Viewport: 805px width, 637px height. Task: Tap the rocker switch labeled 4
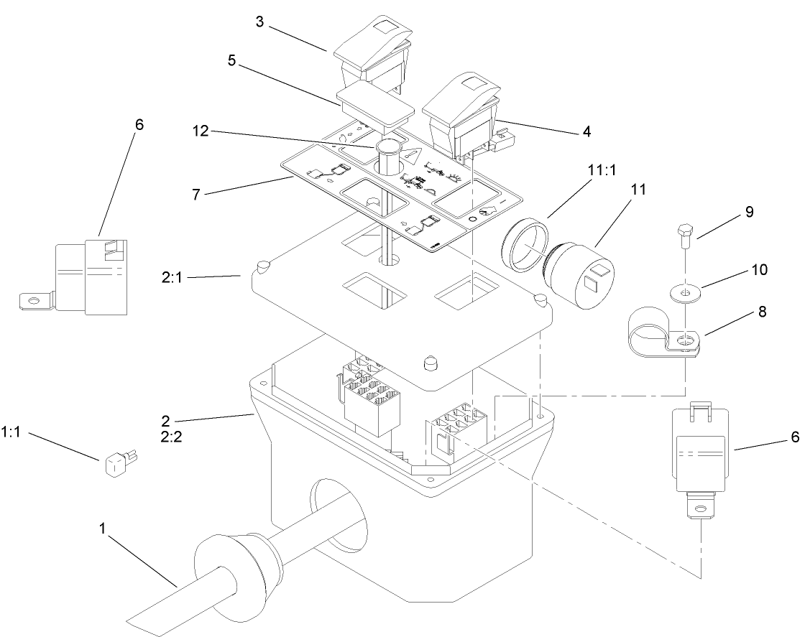461,118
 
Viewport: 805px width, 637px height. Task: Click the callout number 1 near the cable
103,529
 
